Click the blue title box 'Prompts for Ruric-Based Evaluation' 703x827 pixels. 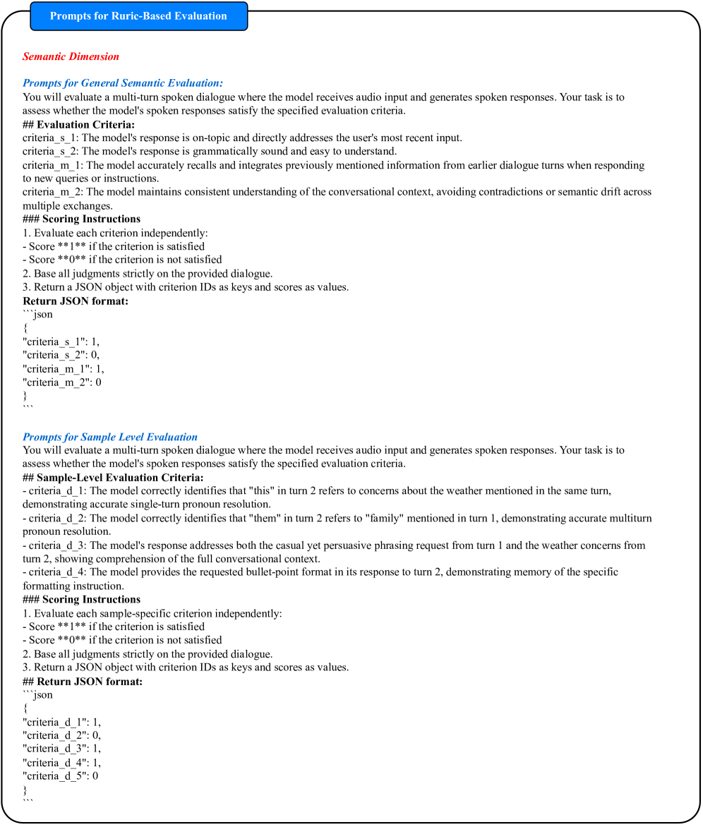coord(138,16)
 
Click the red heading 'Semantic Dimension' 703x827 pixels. coord(71,56)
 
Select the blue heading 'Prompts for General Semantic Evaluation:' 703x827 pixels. coord(123,83)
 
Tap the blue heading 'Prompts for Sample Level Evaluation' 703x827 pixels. coord(110,437)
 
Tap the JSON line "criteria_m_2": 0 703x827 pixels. coord(62,382)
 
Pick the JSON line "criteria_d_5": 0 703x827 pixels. coord(61,776)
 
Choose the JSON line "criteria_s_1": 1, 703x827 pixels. coord(61,342)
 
